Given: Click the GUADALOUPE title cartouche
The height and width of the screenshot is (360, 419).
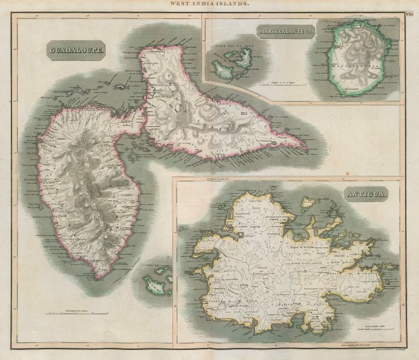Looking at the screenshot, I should coord(76,51).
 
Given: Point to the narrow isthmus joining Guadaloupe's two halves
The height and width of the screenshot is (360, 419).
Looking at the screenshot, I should coord(144,111).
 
